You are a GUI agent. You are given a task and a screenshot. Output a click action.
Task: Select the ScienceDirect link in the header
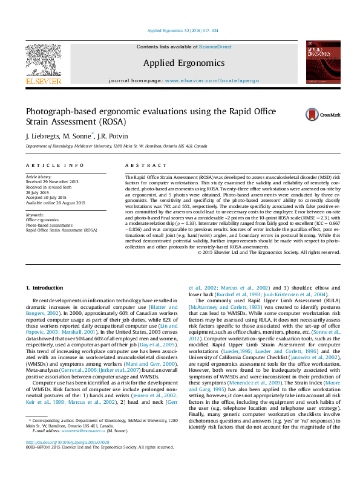click(216, 47)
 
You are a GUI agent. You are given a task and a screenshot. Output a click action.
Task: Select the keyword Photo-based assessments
click(54, 225)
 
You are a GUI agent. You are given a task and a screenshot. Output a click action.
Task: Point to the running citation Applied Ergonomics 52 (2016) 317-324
click(180, 30)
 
